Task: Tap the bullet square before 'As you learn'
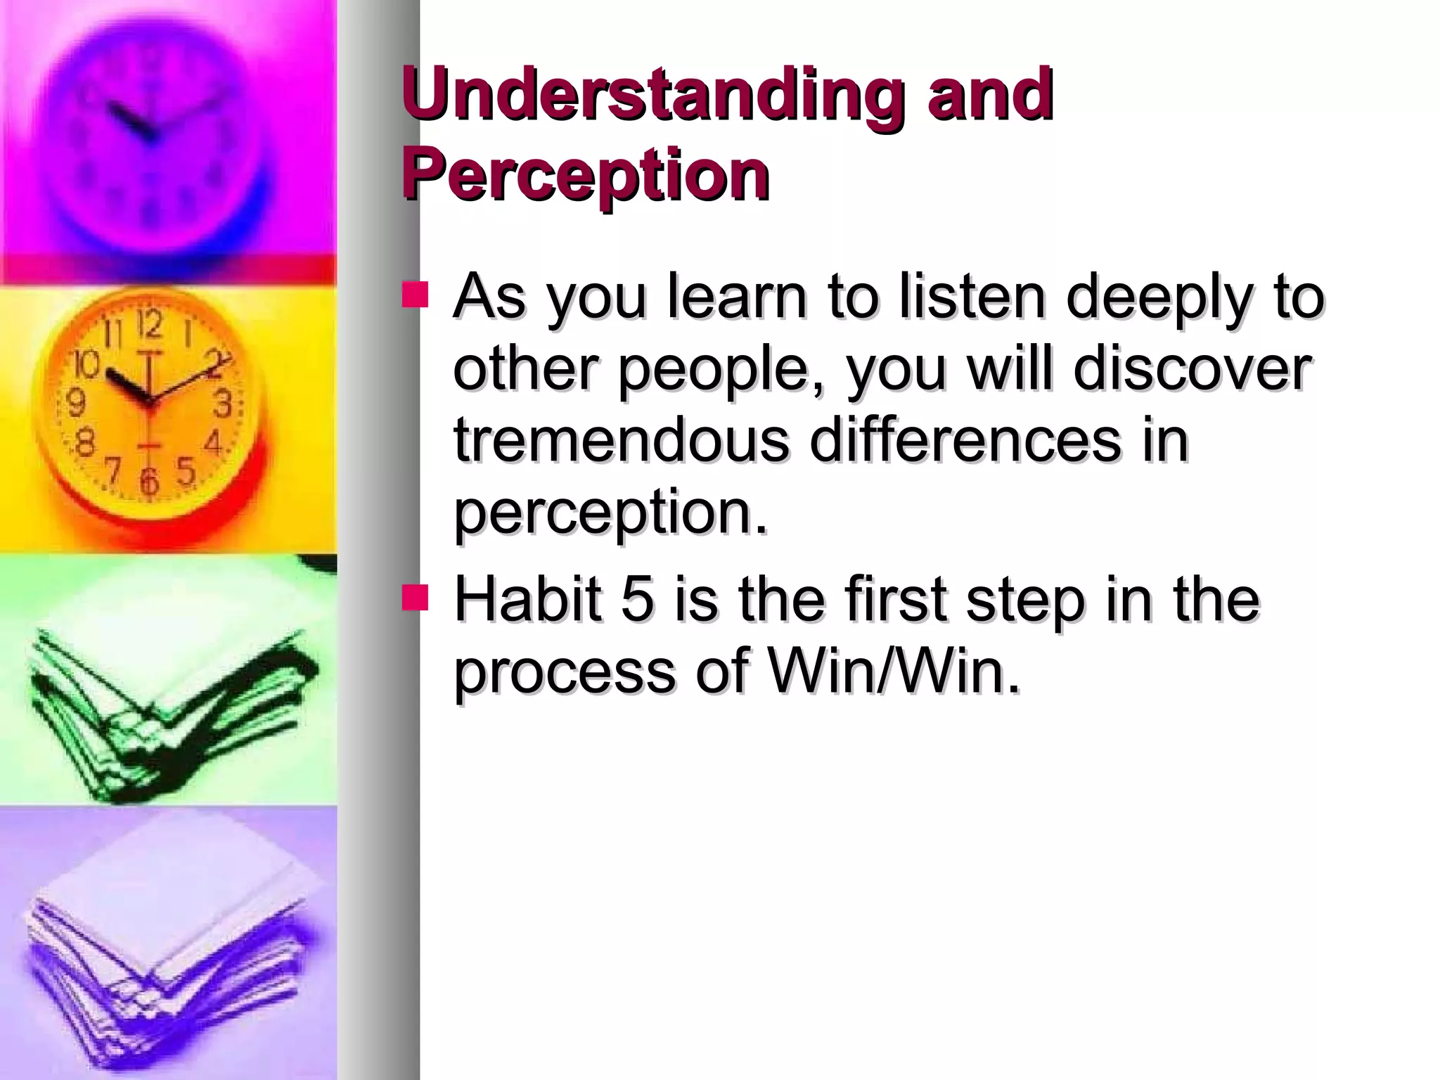click(415, 295)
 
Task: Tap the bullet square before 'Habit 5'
click(415, 598)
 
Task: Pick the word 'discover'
click(1192, 370)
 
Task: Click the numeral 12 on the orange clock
click(149, 325)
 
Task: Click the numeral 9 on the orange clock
click(75, 403)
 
